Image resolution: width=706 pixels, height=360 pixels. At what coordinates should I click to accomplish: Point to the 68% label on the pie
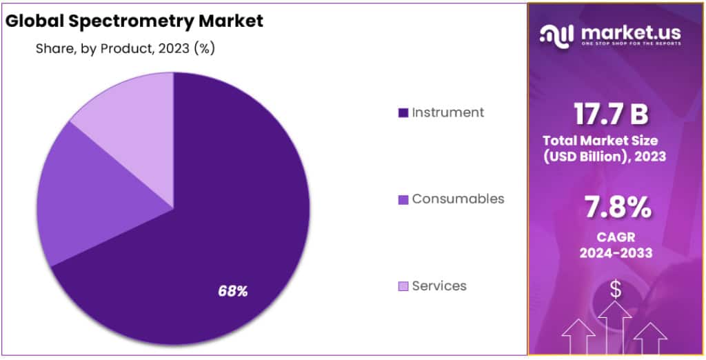[232, 291]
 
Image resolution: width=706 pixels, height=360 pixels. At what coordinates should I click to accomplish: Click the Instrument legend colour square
[403, 112]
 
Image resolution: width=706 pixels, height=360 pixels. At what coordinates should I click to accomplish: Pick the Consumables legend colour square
[403, 199]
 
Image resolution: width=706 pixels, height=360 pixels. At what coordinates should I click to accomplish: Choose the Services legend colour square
[403, 286]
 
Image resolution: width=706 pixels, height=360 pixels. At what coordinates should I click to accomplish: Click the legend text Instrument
[448, 112]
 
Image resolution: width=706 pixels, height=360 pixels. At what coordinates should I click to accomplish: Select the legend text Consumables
[458, 199]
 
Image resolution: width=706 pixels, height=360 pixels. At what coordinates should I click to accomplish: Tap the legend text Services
[439, 286]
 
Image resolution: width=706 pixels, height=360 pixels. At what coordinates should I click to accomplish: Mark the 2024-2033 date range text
[616, 252]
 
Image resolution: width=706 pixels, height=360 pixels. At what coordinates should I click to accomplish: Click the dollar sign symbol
[616, 290]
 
